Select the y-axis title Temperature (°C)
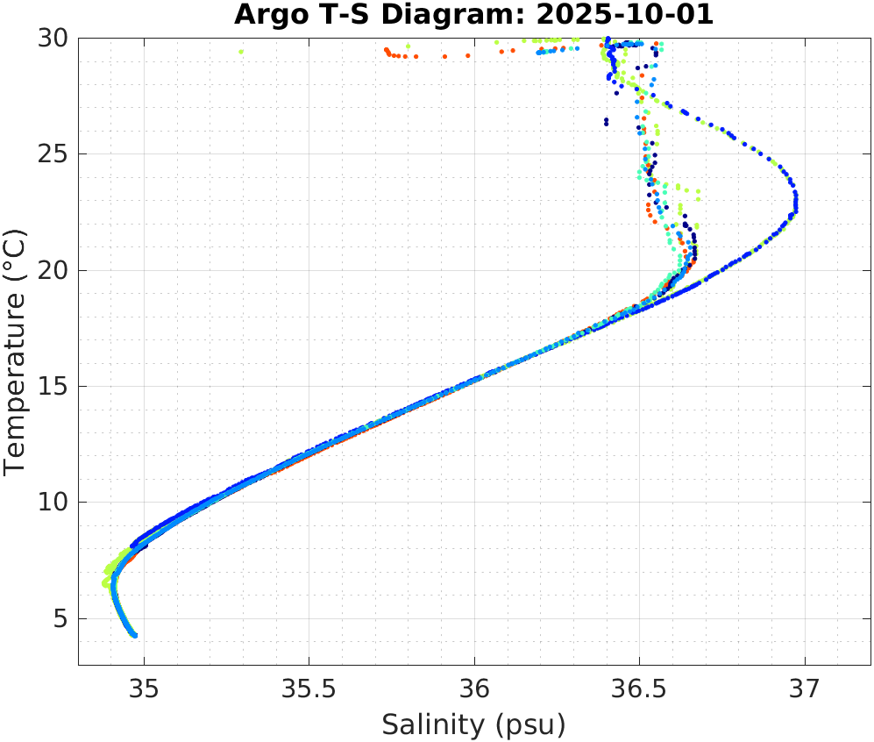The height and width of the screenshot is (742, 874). coord(15,351)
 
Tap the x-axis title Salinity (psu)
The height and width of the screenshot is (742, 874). coord(473,724)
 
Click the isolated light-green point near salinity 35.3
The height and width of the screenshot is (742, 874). coord(241,52)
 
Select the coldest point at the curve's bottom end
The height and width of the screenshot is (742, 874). coord(135,635)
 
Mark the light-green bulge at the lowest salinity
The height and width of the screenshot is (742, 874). coord(106,581)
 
